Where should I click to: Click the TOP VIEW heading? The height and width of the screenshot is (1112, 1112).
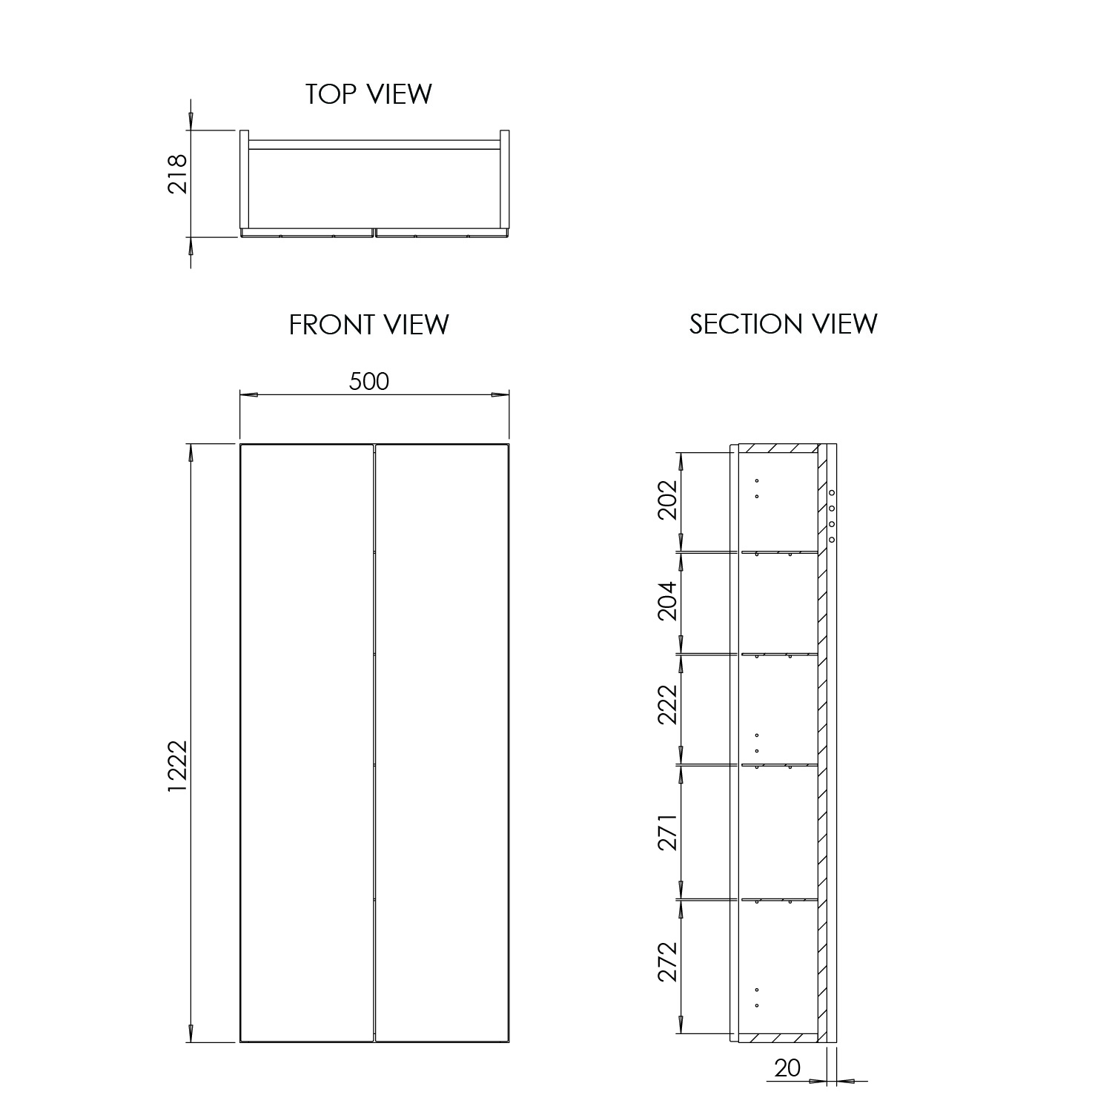pyautogui.click(x=368, y=94)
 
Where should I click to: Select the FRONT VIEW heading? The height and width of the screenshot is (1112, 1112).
pyautogui.click(x=368, y=325)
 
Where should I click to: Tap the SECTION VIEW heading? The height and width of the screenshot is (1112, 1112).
pyautogui.click(x=783, y=324)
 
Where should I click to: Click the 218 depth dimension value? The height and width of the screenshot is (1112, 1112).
pyautogui.click(x=178, y=173)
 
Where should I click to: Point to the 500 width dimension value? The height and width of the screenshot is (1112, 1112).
pyautogui.click(x=368, y=381)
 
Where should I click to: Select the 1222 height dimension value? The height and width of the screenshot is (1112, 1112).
pyautogui.click(x=178, y=766)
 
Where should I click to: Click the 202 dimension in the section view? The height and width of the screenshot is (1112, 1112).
pyautogui.click(x=668, y=500)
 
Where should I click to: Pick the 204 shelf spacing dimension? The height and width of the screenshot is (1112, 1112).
pyautogui.click(x=668, y=600)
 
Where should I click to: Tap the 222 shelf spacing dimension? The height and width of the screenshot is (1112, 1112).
pyautogui.click(x=668, y=704)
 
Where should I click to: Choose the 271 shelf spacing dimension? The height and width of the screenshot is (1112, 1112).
pyautogui.click(x=668, y=832)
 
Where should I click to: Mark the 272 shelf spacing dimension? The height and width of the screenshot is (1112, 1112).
pyautogui.click(x=668, y=962)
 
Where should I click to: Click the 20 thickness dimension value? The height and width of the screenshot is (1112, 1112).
pyautogui.click(x=787, y=1068)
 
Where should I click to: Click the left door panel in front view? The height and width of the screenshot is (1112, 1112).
pyautogui.click(x=306, y=741)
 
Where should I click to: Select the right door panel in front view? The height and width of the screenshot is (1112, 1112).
pyautogui.click(x=442, y=741)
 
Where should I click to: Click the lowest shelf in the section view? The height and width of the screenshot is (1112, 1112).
pyautogui.click(x=778, y=900)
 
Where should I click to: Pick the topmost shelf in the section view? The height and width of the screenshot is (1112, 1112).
pyautogui.click(x=778, y=552)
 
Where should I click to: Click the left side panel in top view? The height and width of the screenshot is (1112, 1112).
pyautogui.click(x=244, y=179)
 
